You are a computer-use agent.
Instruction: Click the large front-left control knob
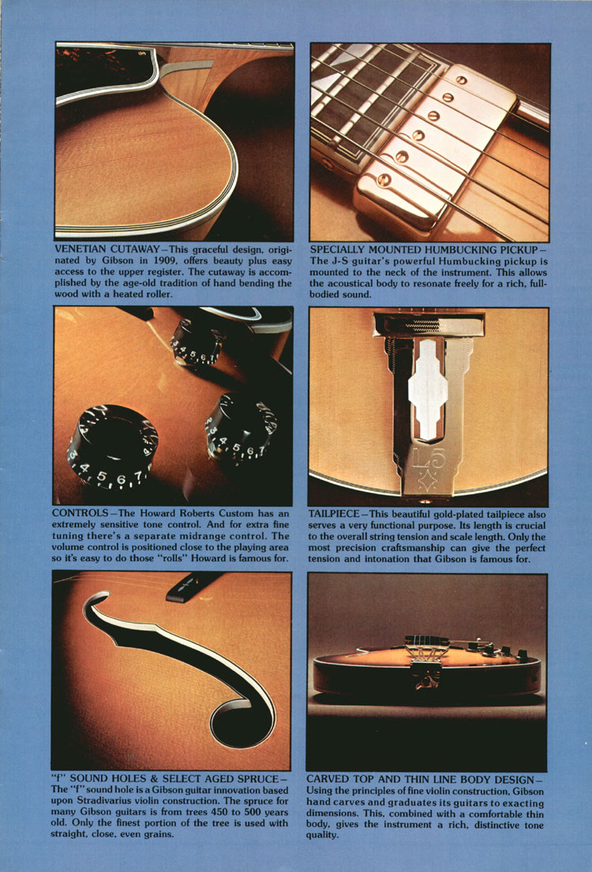(112, 447)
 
